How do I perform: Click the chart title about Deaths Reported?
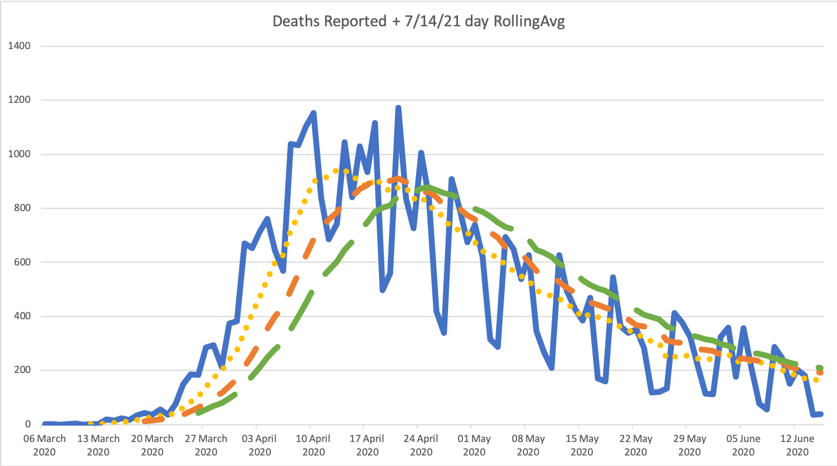[x=418, y=22]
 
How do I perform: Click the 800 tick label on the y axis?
[x=23, y=208]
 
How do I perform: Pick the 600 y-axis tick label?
[x=23, y=263]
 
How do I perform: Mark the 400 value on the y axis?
[x=23, y=316]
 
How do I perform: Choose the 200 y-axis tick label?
[x=23, y=370]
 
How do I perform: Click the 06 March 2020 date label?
[x=44, y=445]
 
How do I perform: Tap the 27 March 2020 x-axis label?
[x=206, y=445]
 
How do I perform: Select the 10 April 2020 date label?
[x=314, y=445]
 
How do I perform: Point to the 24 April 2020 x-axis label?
[x=421, y=445]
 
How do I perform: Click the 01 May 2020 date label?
[x=475, y=445]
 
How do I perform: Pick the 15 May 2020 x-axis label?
[x=583, y=445]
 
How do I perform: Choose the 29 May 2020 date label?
[x=690, y=445]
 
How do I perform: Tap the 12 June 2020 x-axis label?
[x=798, y=445]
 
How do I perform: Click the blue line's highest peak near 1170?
[x=398, y=108]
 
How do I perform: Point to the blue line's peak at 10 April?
[x=314, y=113]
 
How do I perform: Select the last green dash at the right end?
[x=820, y=368]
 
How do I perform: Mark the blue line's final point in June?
[x=821, y=414]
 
